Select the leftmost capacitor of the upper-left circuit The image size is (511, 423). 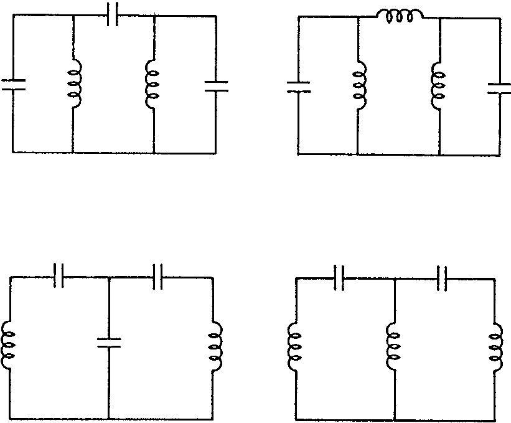pos(13,85)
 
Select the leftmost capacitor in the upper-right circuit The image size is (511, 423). pos(298,87)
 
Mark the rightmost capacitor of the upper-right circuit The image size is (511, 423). pos(499,88)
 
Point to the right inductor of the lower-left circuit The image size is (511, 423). pos(215,346)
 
